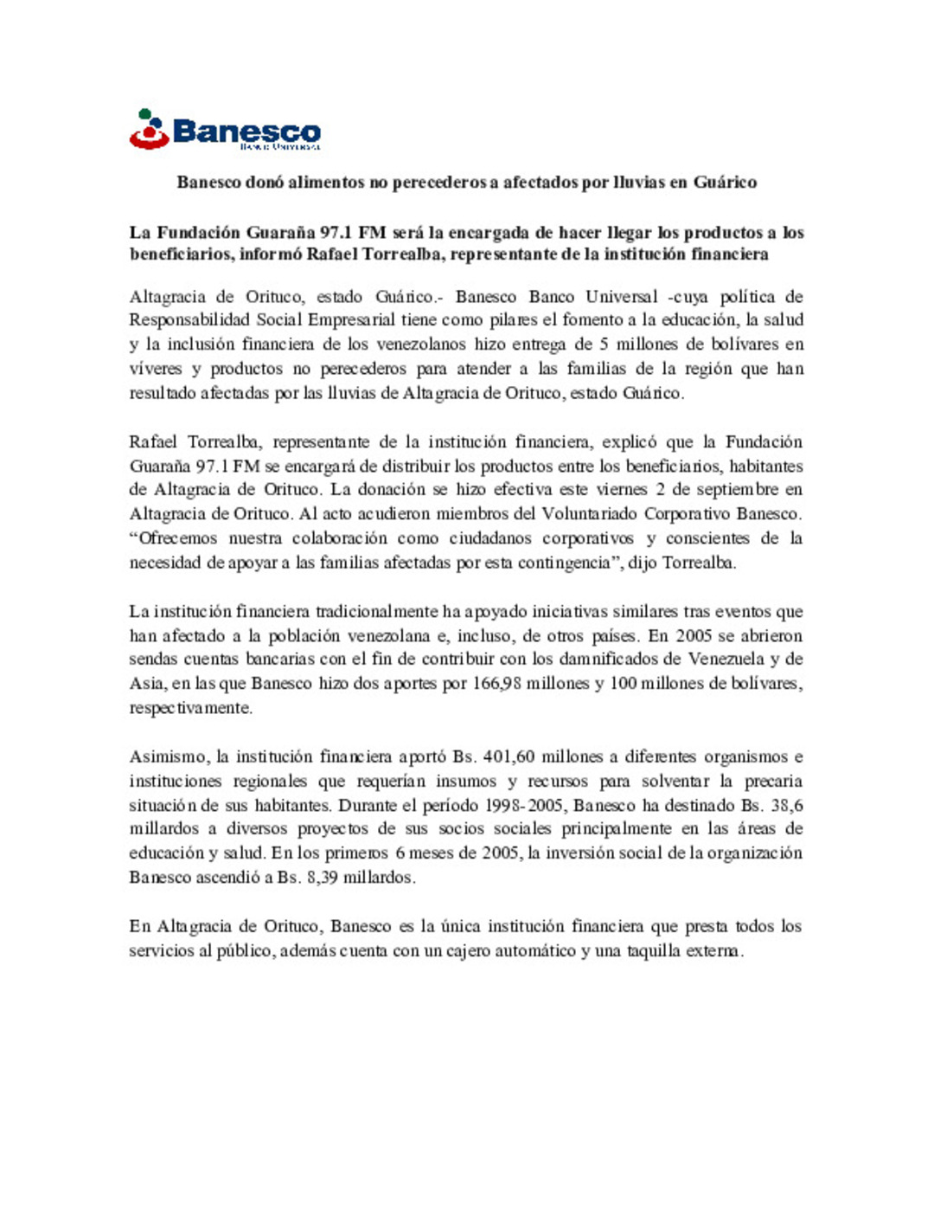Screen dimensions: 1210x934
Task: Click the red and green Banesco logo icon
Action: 149,129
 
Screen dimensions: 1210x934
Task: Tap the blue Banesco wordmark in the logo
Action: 246,132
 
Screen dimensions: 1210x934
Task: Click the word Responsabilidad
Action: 190,320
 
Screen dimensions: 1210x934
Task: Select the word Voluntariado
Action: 589,514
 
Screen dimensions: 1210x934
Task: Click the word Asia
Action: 145,684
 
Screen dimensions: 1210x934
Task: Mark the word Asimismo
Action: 168,757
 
